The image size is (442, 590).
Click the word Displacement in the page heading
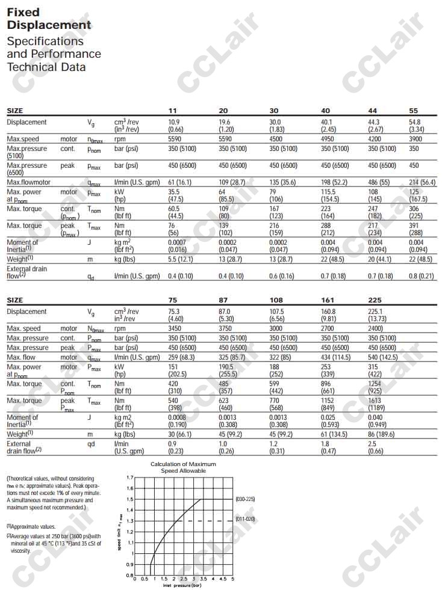click(x=49, y=25)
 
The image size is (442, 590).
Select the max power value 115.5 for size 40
click(x=330, y=192)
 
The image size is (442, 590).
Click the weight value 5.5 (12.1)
click(x=181, y=259)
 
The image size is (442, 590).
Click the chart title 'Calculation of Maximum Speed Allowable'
click(x=183, y=467)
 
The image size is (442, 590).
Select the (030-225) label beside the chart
click(x=246, y=499)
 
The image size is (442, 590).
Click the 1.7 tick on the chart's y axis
click(x=129, y=478)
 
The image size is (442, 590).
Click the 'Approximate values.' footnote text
click(x=33, y=526)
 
